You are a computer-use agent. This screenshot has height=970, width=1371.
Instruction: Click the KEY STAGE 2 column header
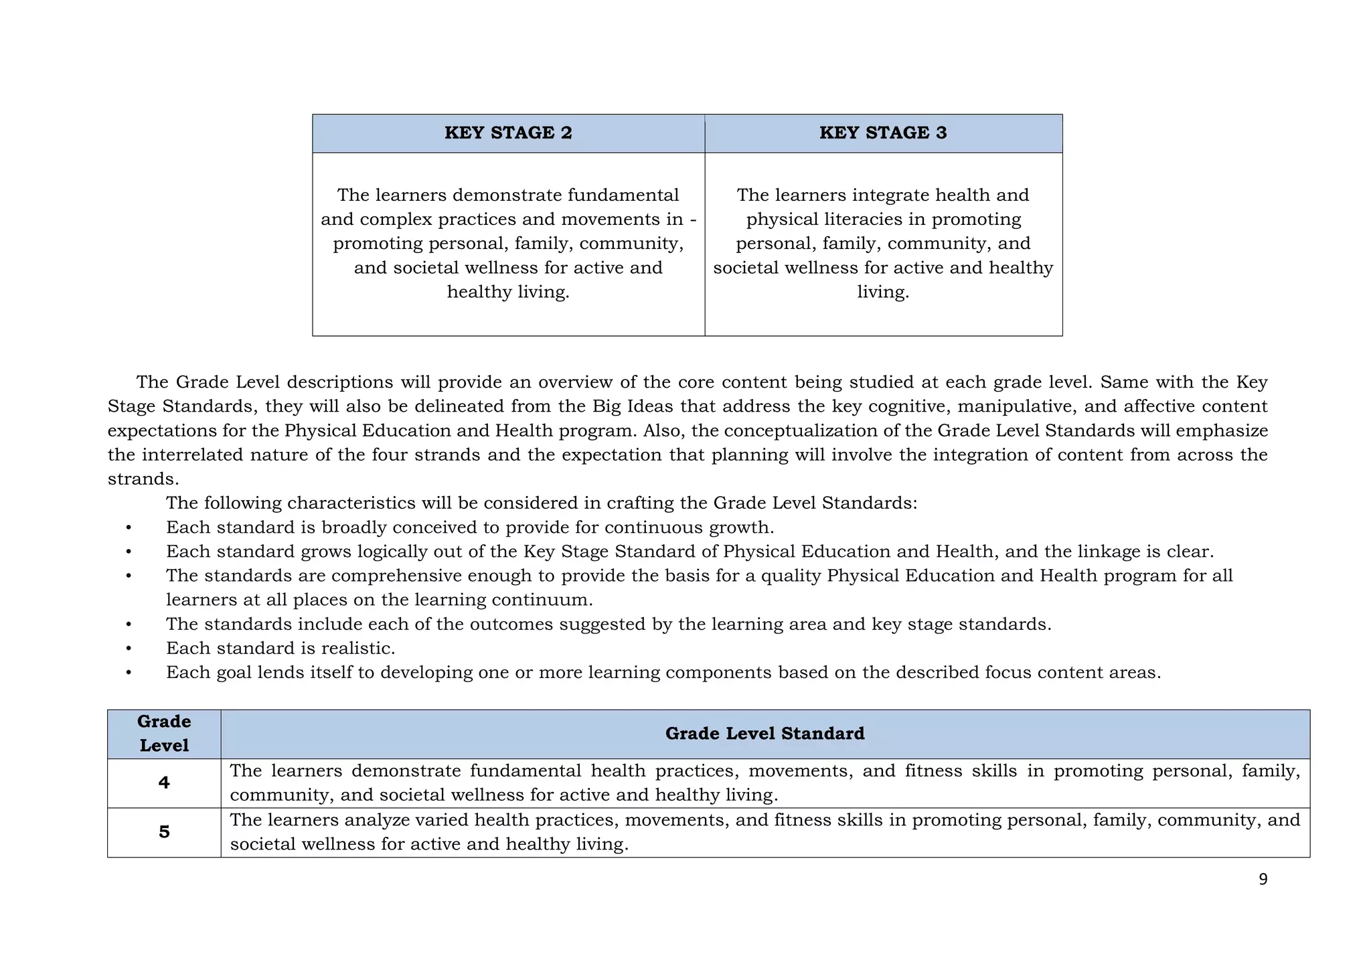[508, 133]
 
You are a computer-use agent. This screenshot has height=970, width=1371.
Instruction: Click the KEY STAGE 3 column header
[883, 133]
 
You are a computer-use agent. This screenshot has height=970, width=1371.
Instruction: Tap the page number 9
[1263, 880]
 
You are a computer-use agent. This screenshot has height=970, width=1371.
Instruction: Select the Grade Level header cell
[164, 734]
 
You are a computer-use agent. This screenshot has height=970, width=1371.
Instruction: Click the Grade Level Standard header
[764, 734]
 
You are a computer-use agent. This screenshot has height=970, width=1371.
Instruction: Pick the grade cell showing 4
[164, 783]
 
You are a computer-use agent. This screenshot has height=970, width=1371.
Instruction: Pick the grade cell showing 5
[164, 832]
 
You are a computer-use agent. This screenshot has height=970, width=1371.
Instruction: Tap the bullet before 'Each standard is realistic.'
[129, 649]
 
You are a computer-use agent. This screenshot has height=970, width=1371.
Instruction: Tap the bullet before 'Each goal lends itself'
[129, 673]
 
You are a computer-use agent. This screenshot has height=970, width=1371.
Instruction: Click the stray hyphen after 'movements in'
[693, 220]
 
